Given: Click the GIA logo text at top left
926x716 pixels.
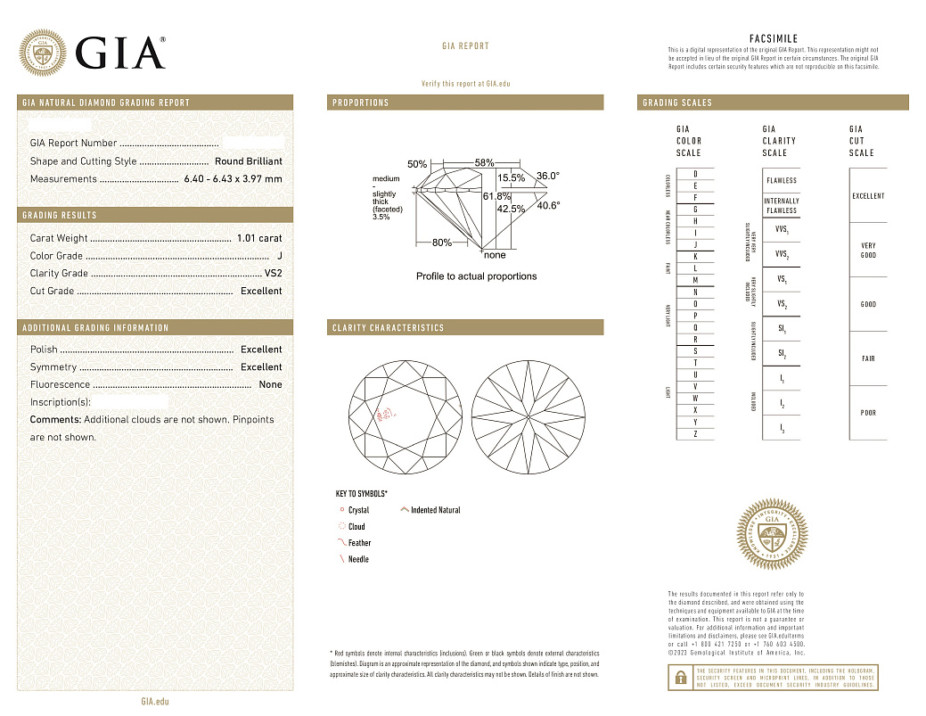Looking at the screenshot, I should (x=120, y=53).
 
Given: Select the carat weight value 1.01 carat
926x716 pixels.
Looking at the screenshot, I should (x=259, y=238).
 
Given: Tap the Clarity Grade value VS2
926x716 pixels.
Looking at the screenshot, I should (x=273, y=274).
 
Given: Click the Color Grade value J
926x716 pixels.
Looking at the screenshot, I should (x=279, y=256).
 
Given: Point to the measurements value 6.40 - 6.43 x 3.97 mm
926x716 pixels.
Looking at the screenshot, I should (x=233, y=179).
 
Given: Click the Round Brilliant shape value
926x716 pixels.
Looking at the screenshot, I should (x=248, y=161).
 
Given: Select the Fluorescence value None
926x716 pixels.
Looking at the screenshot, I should (x=270, y=384).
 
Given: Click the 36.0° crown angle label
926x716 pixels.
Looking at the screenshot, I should (x=547, y=177).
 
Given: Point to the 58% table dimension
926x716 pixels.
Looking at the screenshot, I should (x=484, y=163).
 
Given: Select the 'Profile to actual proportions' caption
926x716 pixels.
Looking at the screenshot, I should (x=476, y=276).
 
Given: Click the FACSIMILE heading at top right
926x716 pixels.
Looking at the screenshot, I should (x=773, y=39).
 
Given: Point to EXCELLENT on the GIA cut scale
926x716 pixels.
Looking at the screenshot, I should (x=868, y=196).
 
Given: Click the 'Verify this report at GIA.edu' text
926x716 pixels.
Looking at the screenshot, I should (x=465, y=84).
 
